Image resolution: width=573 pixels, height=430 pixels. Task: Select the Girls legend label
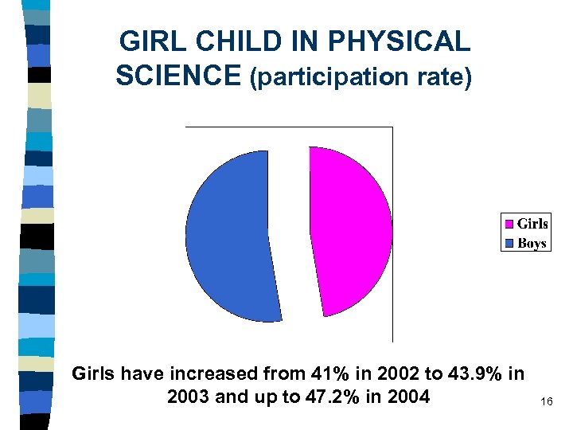532,225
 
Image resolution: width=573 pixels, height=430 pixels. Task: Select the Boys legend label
532,243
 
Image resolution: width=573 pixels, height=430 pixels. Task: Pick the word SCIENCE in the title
178,76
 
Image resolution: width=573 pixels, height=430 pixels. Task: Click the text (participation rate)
361,78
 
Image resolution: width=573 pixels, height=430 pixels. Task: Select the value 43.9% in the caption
474,373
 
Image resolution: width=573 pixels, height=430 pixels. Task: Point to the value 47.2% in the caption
327,396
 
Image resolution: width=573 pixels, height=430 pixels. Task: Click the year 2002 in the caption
403,373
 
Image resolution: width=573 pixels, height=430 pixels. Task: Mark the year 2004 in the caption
407,396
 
